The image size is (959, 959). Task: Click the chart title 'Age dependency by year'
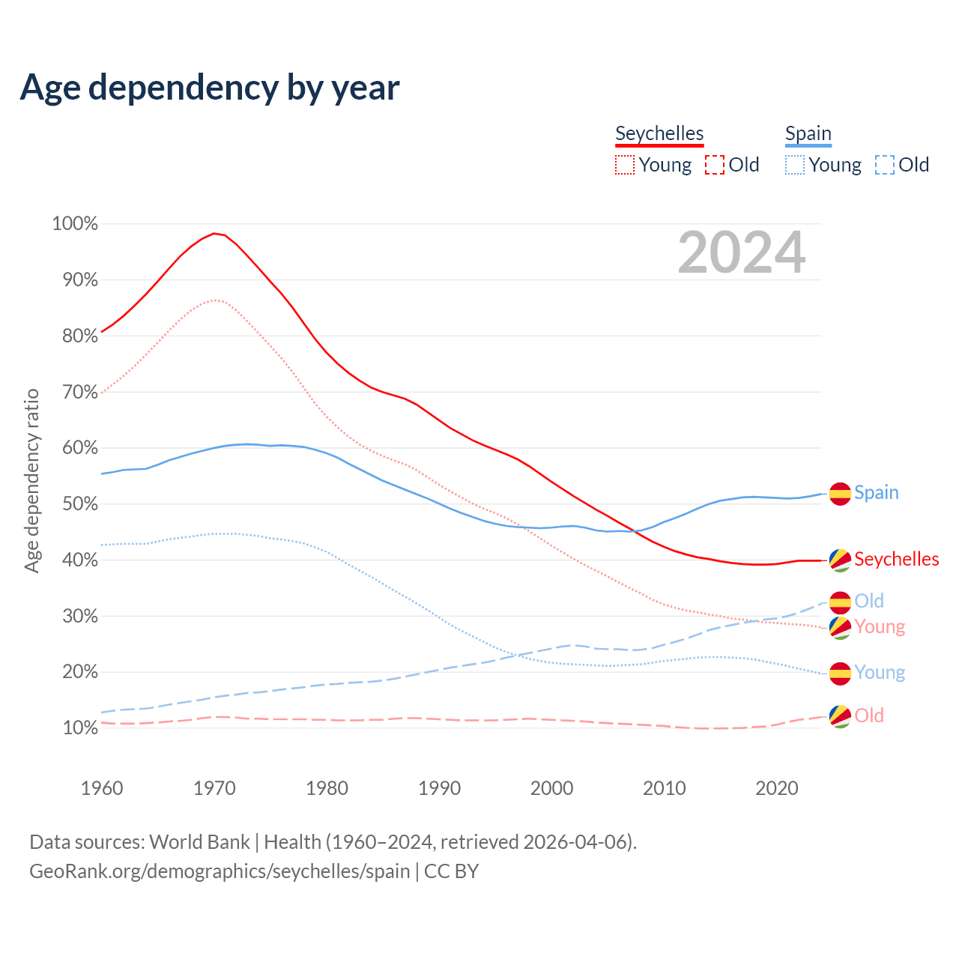point(210,88)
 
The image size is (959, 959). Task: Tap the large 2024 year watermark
point(742,253)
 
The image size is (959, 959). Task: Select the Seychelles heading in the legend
point(659,133)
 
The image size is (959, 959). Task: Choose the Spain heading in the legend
point(808,133)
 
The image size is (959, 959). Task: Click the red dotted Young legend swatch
point(625,165)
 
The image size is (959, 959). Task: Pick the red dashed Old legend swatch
point(715,165)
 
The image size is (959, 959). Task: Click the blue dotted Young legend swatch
point(795,165)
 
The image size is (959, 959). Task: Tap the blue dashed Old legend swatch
point(885,165)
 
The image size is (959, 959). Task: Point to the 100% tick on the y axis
point(75,224)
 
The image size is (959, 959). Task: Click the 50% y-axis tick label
point(75,504)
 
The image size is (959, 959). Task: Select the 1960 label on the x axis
point(102,788)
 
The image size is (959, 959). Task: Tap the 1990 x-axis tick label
point(439,788)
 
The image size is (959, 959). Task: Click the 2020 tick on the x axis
point(777,788)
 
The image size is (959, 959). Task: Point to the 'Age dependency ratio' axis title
point(31,480)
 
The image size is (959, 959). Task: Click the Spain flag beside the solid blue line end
point(840,494)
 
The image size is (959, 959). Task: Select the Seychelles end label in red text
point(896,560)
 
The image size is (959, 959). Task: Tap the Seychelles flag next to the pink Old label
point(840,716)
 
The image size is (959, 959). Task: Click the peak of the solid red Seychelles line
point(214,234)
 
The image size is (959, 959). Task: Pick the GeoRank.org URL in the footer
point(220,871)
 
